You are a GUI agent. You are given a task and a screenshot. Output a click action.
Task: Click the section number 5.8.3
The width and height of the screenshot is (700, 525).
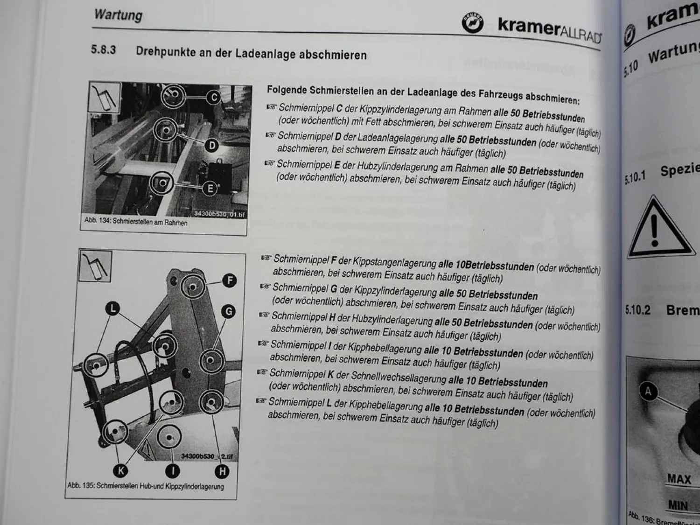coord(103,49)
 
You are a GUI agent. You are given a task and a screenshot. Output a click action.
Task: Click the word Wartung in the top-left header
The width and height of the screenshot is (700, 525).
coord(118,14)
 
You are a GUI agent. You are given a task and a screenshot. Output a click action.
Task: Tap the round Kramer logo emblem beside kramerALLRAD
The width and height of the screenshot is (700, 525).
coord(472,23)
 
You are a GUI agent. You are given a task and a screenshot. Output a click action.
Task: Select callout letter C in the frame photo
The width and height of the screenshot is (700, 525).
coord(214,98)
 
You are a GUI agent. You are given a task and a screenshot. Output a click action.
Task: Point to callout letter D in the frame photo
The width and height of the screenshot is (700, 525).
coord(212,146)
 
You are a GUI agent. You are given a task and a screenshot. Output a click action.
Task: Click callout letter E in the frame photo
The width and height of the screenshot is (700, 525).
coord(210,188)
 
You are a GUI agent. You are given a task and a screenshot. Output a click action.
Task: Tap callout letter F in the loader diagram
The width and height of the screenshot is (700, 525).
coord(229,280)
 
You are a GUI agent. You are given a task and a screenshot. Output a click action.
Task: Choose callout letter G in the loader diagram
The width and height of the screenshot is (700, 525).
coord(228,311)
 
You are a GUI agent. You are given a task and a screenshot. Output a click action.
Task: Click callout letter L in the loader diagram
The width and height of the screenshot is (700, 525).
coord(112,308)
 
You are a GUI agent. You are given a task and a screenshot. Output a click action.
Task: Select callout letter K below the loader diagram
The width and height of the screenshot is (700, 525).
coord(120,470)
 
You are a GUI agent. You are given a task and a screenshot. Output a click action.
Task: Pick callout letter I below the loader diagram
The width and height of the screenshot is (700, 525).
coord(173,471)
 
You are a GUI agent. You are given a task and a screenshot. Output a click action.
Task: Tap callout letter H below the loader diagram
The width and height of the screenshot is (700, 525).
coord(222,471)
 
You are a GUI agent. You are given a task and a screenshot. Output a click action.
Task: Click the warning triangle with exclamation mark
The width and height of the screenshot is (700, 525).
coord(656,229)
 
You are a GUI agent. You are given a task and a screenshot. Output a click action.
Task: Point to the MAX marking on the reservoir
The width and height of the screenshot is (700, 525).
coord(679,479)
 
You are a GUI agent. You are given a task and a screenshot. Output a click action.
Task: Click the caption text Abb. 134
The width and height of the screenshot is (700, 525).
coord(97,220)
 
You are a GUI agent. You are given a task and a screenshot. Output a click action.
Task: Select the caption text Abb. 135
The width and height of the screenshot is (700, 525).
coord(81,485)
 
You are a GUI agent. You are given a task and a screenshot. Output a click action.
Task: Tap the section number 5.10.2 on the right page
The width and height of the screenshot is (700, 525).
coord(637,310)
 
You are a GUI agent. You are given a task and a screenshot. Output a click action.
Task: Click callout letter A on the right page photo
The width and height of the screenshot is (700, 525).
coord(648,391)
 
